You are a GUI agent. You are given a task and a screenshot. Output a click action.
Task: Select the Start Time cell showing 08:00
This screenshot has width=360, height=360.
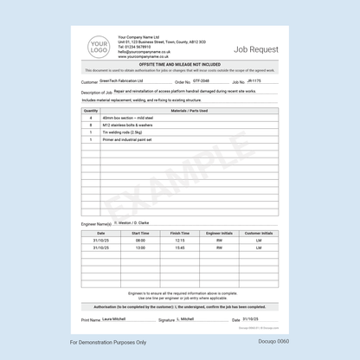pos(140,241)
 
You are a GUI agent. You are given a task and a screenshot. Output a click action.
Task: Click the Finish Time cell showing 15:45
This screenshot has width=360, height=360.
pos(180,247)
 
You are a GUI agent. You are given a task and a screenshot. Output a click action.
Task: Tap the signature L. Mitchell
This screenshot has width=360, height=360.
pos(189,319)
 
